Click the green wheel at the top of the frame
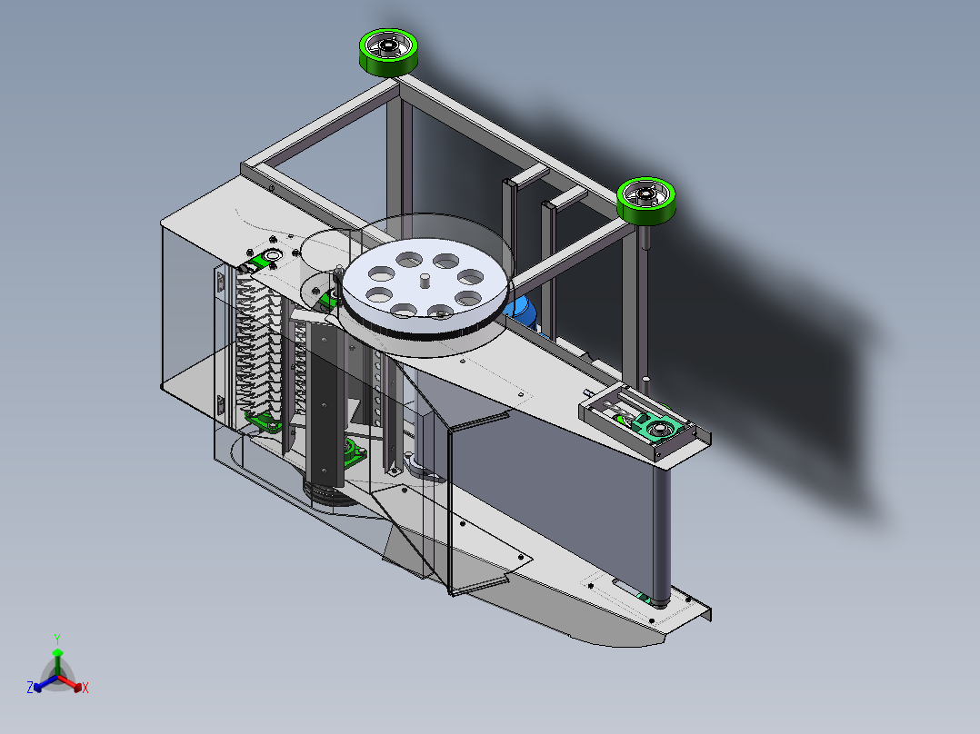pyautogui.click(x=389, y=53)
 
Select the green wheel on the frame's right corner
pyautogui.click(x=646, y=201)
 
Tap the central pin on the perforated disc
pyautogui.click(x=425, y=281)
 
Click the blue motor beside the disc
pyautogui.click(x=523, y=312)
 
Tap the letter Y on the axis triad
pyautogui.click(x=57, y=639)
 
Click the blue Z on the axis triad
pyautogui.click(x=29, y=687)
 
